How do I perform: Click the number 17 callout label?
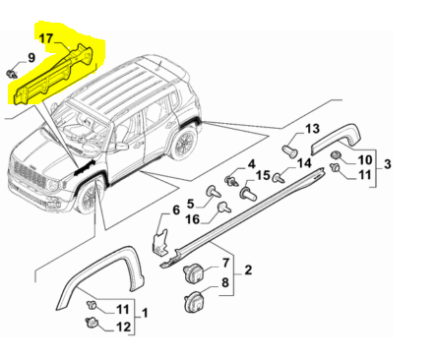click(46, 39)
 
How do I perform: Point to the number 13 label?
click(311, 130)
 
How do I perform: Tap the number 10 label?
click(363, 158)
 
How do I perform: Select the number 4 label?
click(251, 163)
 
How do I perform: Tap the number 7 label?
click(225, 264)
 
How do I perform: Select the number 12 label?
click(122, 327)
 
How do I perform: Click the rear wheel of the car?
click(182, 145)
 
